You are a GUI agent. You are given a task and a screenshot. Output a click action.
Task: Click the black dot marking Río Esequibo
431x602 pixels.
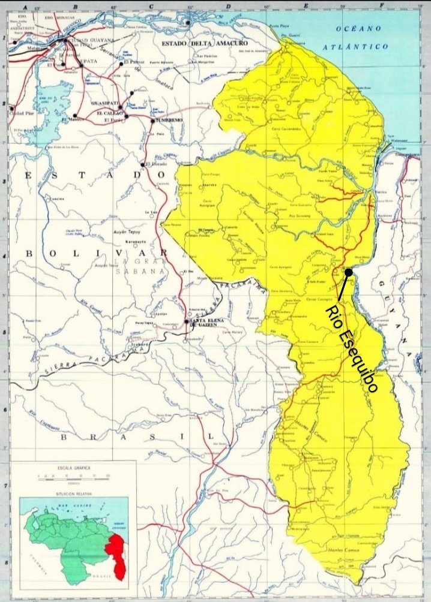pos(348,272)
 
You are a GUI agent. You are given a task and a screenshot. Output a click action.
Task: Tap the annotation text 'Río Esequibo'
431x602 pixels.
pos(352,348)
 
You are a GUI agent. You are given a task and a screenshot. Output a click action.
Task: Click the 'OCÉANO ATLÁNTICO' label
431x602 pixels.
pos(363,37)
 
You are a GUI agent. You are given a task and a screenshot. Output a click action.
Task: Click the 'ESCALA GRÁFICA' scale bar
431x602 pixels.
pos(73,476)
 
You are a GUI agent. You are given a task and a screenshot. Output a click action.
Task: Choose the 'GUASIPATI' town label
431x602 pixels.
pos(104,103)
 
